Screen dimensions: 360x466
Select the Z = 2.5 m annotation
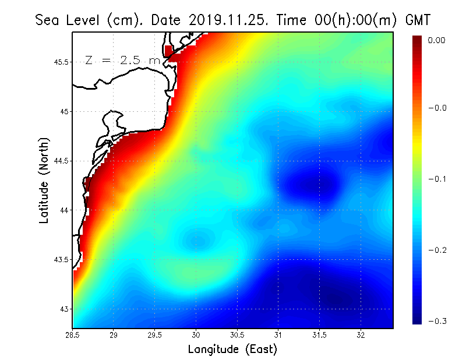(122, 61)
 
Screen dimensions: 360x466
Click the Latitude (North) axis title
(44, 181)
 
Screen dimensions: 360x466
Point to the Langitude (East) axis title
(232, 350)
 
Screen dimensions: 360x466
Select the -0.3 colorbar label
(437, 321)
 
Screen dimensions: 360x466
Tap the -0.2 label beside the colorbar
(437, 250)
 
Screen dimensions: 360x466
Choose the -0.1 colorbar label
(437, 179)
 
